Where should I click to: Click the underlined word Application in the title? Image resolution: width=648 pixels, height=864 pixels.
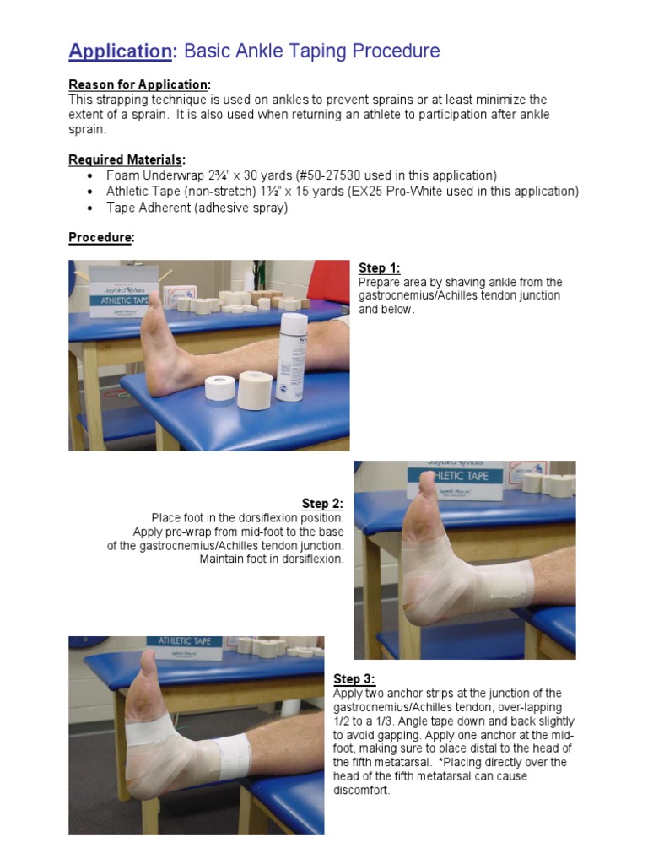tap(120, 51)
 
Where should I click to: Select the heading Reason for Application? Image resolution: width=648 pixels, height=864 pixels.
tap(139, 85)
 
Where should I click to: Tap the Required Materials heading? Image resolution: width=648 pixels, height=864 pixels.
tap(127, 159)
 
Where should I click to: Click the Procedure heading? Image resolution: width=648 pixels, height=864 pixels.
tap(100, 238)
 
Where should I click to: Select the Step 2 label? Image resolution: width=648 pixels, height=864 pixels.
tap(322, 504)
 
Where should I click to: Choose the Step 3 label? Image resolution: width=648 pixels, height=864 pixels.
tap(354, 679)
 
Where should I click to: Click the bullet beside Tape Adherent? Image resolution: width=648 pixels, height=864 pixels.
tap(90, 208)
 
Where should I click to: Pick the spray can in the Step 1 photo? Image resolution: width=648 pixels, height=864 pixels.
tap(292, 356)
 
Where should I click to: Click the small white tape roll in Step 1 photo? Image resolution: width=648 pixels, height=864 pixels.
tap(221, 387)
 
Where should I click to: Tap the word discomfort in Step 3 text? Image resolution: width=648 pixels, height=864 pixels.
tap(362, 791)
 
